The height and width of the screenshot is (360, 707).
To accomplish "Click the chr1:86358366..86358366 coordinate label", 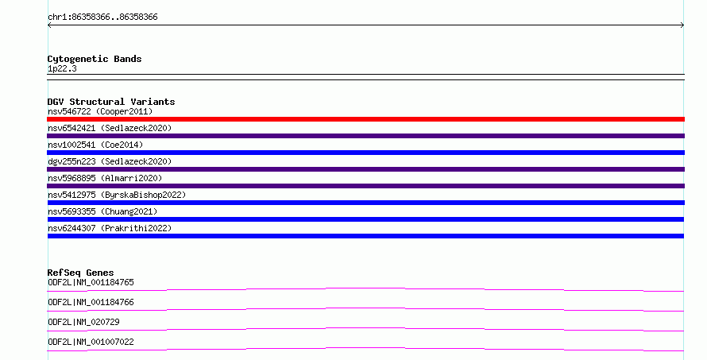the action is (102, 17).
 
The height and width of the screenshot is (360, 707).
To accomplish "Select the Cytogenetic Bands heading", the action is (95, 59).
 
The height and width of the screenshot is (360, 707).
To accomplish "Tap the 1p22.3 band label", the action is (62, 68).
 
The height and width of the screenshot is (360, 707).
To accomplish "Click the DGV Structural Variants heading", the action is (111, 102).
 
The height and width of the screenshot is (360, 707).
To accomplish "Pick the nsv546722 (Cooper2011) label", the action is (100, 111).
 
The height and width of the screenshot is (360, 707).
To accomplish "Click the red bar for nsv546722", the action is (365, 119).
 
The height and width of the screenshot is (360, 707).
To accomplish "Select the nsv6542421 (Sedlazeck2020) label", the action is (110, 128).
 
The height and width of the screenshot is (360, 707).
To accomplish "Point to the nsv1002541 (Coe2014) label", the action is (95, 145).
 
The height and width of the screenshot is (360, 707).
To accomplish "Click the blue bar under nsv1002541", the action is (365, 153).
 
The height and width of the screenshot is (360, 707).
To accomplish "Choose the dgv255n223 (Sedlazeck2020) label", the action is (110, 161).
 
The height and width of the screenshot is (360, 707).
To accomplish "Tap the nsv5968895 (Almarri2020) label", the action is (105, 178).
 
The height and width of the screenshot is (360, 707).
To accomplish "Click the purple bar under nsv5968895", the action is (365, 186).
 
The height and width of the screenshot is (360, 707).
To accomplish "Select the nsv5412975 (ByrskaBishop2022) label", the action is (117, 195).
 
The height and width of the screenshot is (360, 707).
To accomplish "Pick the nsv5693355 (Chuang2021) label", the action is (102, 211).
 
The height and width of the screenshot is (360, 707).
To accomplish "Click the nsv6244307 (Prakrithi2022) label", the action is (110, 228).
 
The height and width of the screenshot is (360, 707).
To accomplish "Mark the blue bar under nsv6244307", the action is (365, 236).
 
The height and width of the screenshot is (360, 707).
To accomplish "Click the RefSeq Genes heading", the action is (80, 273).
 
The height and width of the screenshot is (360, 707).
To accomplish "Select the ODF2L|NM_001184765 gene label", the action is (91, 282).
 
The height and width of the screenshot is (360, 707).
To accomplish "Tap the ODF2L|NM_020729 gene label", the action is (83, 322).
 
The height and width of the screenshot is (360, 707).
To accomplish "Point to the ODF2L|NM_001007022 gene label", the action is (91, 342).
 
